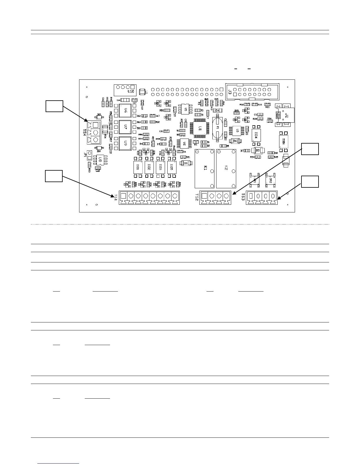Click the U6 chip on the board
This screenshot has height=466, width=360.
coord(125,110)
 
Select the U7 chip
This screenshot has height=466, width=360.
coord(125,127)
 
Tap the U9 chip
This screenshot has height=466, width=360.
coord(125,143)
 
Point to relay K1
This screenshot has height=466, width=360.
coord(205,169)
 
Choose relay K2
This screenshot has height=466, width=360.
coord(226,169)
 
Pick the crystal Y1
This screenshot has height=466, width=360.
coord(218,127)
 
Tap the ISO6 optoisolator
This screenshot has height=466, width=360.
coord(283,142)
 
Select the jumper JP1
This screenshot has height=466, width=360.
coord(89,155)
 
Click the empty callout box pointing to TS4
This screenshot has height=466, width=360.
coord(54,106)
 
